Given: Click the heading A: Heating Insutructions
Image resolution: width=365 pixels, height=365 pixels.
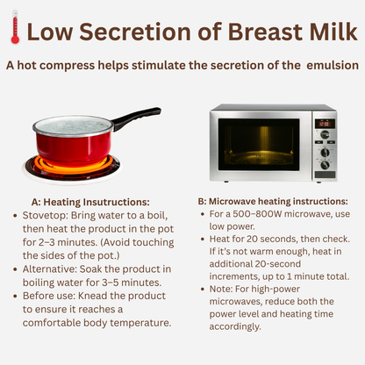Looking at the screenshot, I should [x=90, y=202].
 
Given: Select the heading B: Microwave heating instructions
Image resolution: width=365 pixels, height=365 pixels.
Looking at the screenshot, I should [x=273, y=201].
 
